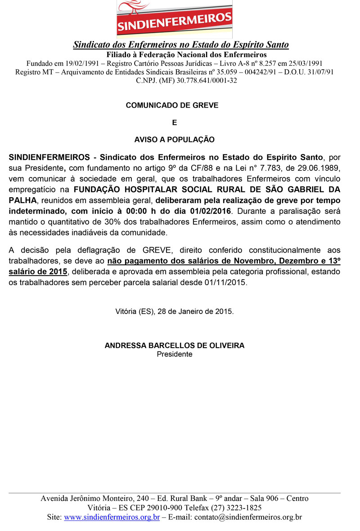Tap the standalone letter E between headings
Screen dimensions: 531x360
click(x=175, y=123)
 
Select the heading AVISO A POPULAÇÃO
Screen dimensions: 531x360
click(x=175, y=140)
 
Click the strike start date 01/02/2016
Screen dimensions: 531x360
click(x=208, y=211)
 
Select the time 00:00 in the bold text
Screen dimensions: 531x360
click(x=125, y=211)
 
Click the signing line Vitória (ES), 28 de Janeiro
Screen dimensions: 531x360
click(x=175, y=311)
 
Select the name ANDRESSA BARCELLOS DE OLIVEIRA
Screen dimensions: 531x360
click(x=175, y=345)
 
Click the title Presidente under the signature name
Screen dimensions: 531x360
click(x=175, y=354)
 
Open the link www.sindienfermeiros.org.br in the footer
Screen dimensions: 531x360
click(x=112, y=517)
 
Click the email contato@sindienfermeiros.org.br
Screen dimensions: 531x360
click(x=248, y=517)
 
